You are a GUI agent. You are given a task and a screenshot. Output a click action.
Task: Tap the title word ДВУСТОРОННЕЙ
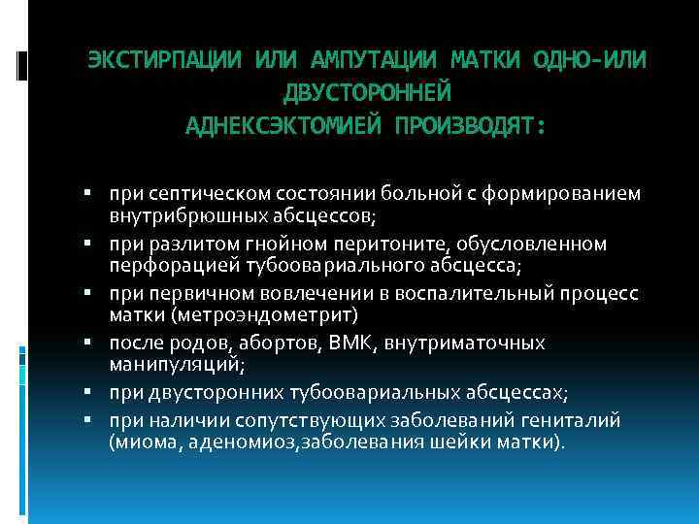(x=366, y=93)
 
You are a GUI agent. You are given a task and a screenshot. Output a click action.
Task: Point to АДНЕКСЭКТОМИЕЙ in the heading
(x=283, y=125)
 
